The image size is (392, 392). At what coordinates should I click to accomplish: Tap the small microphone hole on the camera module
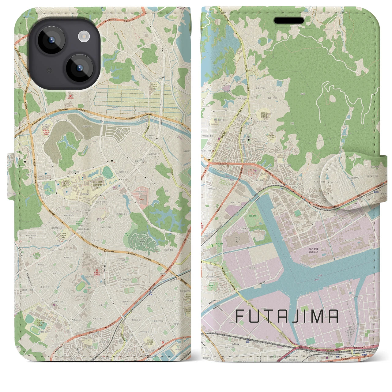[48, 70]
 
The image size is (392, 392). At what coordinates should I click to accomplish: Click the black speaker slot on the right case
[289, 21]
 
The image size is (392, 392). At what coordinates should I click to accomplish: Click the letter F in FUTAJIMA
[241, 316]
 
